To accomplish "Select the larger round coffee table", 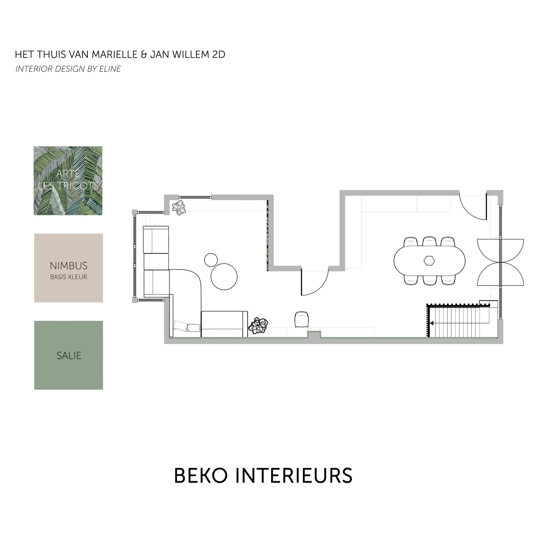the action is coord(224,276).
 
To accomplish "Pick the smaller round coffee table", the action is coord(211,260).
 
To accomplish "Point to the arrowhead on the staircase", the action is coord(431,323).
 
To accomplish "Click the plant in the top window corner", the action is coord(179,208).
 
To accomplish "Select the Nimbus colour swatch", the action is coord(68,268).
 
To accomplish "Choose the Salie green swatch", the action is coord(68,355).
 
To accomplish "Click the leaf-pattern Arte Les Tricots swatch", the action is coord(68,181).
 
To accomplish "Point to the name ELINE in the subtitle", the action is coord(110,69).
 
